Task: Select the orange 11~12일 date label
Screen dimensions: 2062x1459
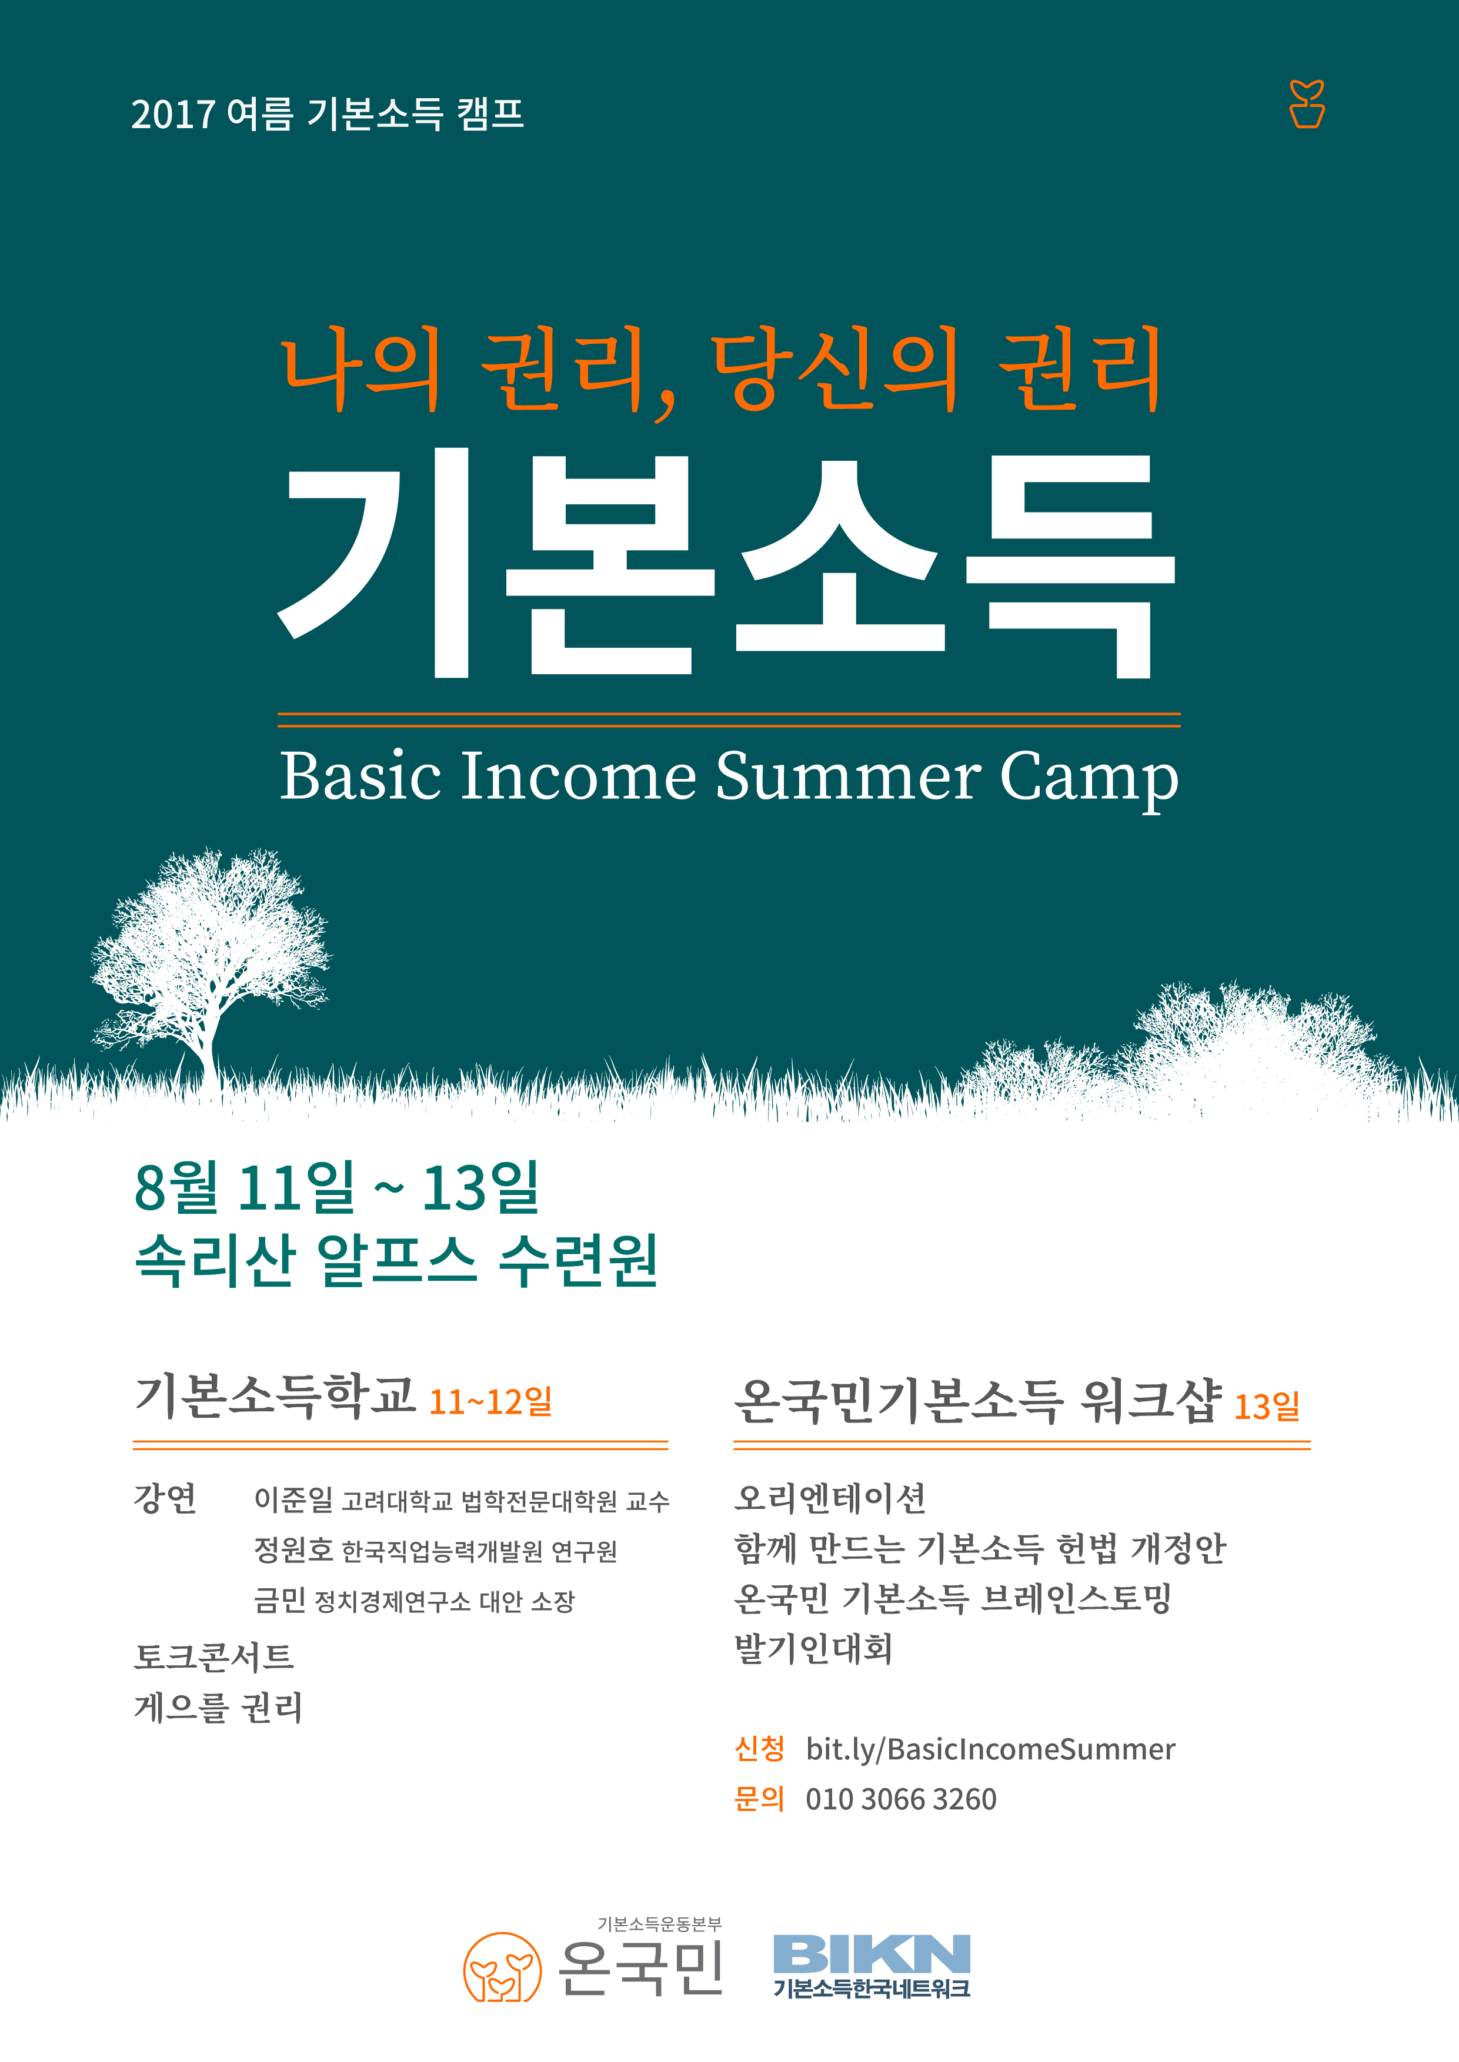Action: [490, 1401]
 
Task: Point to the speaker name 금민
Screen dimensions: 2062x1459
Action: [279, 1599]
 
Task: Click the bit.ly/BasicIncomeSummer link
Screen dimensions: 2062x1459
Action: [990, 1749]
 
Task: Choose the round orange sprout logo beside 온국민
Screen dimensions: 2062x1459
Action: [502, 1967]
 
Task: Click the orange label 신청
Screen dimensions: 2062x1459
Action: [759, 1749]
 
